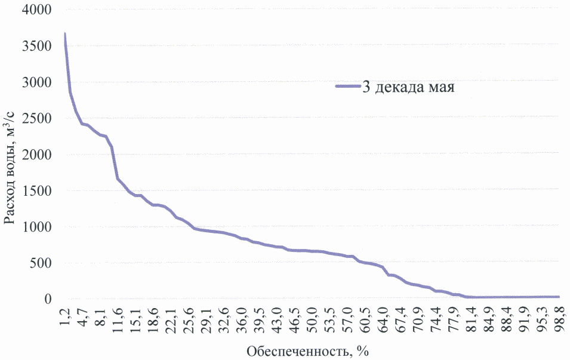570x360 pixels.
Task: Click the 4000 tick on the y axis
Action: click(37, 10)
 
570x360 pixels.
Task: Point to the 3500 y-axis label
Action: click(37, 46)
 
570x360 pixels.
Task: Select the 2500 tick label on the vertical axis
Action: click(37, 118)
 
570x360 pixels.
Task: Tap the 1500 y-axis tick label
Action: click(37, 191)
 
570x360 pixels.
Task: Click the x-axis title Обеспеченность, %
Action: click(309, 350)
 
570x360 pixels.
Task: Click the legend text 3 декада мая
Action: click(409, 88)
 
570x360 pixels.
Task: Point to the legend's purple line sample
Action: click(347, 87)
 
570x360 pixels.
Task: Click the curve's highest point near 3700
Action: click(64, 34)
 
